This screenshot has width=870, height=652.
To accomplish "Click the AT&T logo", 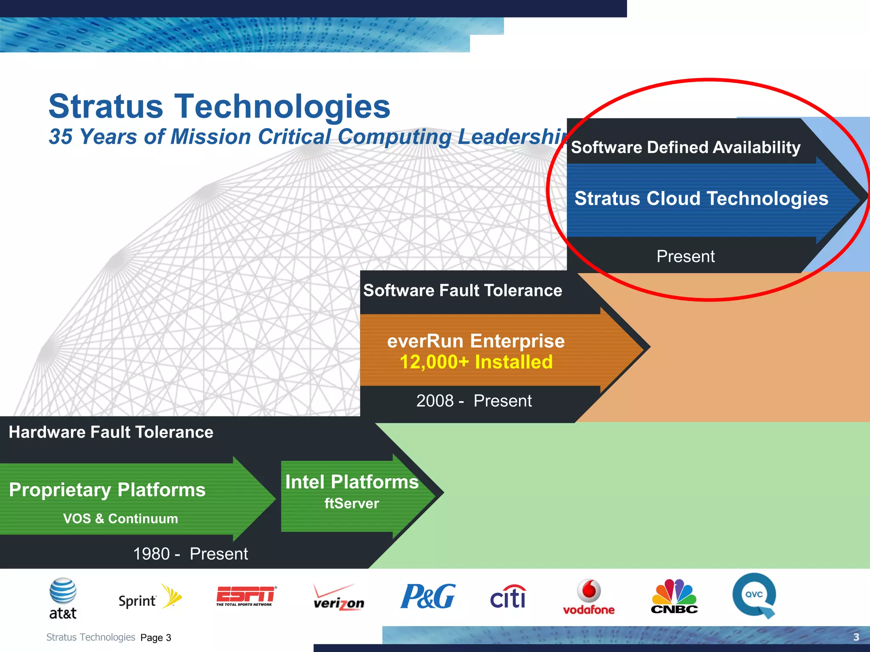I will (63, 599).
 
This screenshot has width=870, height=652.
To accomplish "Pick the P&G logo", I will (428, 596).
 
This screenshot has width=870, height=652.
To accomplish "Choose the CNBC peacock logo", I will (674, 596).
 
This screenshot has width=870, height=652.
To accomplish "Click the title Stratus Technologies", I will (219, 106).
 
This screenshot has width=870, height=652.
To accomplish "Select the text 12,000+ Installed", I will (476, 362).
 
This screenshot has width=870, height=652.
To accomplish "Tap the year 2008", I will (435, 401).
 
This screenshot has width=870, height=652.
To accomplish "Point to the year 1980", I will (151, 554).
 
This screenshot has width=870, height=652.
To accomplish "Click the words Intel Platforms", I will (352, 482).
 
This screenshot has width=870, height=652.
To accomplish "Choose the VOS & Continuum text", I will (120, 519).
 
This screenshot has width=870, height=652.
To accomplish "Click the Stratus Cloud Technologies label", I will (701, 199).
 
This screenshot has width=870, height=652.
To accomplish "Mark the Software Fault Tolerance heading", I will (462, 291).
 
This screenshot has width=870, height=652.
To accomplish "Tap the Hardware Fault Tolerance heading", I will (111, 433).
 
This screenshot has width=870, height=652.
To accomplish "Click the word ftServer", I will (352, 504).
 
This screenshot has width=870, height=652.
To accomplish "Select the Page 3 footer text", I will (155, 638).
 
